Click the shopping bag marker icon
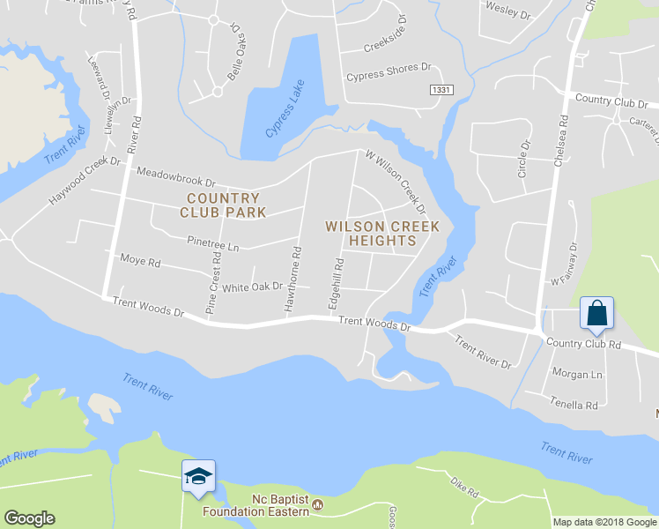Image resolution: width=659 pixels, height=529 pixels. (596, 313)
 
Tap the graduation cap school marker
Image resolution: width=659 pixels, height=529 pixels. (197, 476)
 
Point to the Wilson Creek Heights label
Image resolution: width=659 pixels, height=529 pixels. (370, 233)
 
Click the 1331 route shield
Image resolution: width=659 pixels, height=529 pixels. (441, 91)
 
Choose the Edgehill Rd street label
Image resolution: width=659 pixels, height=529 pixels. (337, 283)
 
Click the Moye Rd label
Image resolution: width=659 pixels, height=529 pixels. (140, 262)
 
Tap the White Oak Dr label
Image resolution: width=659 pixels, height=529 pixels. (252, 287)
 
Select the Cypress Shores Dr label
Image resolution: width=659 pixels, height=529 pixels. (389, 71)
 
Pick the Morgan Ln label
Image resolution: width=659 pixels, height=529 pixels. (577, 374)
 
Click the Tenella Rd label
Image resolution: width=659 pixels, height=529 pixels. (574, 405)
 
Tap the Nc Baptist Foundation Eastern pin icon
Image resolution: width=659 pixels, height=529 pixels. (318, 505)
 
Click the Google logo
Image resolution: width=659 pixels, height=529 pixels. (29, 518)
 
